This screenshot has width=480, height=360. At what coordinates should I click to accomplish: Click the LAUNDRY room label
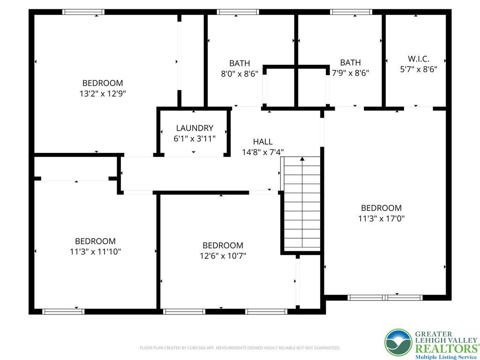[x=195, y=128]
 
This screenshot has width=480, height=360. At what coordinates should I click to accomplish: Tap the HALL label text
[x=262, y=142]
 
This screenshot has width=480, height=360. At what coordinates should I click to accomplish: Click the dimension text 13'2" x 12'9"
[x=103, y=93]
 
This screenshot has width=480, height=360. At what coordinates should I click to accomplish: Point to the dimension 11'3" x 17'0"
[x=382, y=218]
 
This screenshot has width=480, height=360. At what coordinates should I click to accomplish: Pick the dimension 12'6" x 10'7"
[x=223, y=255]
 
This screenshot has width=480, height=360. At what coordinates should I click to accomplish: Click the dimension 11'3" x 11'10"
[x=96, y=252]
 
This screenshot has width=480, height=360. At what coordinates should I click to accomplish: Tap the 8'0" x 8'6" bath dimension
[x=240, y=74]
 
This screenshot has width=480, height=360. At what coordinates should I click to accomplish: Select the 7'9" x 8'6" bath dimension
[x=351, y=73]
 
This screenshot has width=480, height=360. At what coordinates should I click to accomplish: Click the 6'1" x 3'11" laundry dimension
[x=195, y=139]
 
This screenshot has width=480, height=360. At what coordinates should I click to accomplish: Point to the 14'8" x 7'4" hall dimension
[x=263, y=152]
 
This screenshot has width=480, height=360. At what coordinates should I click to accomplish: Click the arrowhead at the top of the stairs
[x=302, y=158]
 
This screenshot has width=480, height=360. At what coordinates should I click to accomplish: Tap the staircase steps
[x=302, y=203]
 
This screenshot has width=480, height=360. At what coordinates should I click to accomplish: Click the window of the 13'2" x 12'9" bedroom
[x=83, y=12]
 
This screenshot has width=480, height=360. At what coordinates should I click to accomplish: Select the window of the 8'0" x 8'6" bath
[x=238, y=12]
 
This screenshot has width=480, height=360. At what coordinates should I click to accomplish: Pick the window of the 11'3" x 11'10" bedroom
[x=63, y=312]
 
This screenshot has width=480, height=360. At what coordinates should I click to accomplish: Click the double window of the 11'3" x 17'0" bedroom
[x=385, y=298]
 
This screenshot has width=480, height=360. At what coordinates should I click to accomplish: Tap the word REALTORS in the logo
[x=446, y=349]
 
